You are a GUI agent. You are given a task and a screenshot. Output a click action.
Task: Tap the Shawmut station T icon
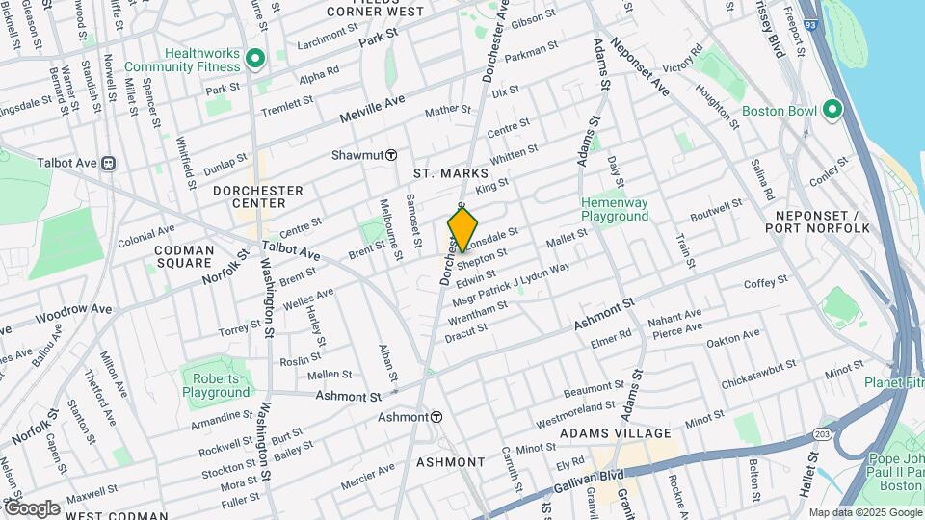pyautogui.click(x=391, y=155)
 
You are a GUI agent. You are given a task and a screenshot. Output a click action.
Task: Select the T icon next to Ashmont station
pyautogui.click(x=436, y=417)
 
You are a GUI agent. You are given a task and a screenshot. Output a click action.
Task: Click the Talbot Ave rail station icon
pyautogui.click(x=108, y=164)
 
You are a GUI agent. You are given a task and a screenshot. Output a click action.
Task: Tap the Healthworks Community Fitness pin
pyautogui.click(x=255, y=60)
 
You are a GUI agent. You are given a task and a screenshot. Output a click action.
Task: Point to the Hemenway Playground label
pyautogui.click(x=615, y=209)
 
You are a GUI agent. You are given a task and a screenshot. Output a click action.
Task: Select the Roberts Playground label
pyautogui.click(x=217, y=385)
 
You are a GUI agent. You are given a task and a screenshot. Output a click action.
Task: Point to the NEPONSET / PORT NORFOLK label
pyautogui.click(x=817, y=221)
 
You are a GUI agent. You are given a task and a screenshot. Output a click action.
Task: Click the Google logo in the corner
pyautogui.click(x=31, y=508)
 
